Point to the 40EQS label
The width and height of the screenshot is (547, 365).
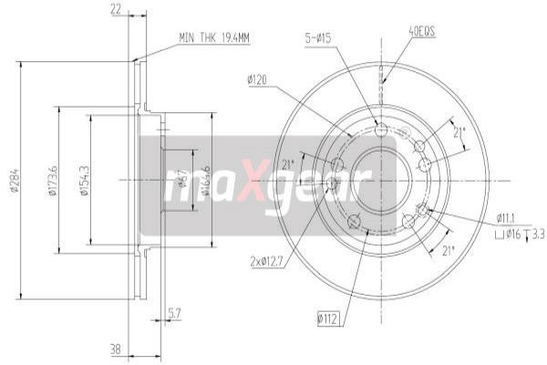[x=422, y=30]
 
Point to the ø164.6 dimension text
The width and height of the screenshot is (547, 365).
[x=209, y=179]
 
